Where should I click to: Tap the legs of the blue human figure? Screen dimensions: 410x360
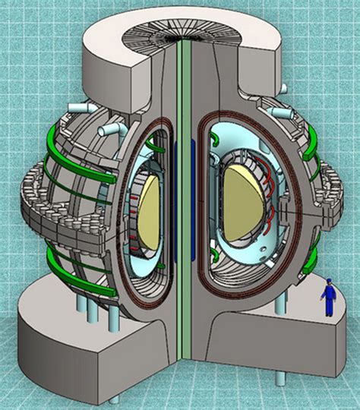pyautogui.click(x=328, y=307)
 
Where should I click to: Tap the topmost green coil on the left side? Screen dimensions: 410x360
pyautogui.click(x=68, y=134)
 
